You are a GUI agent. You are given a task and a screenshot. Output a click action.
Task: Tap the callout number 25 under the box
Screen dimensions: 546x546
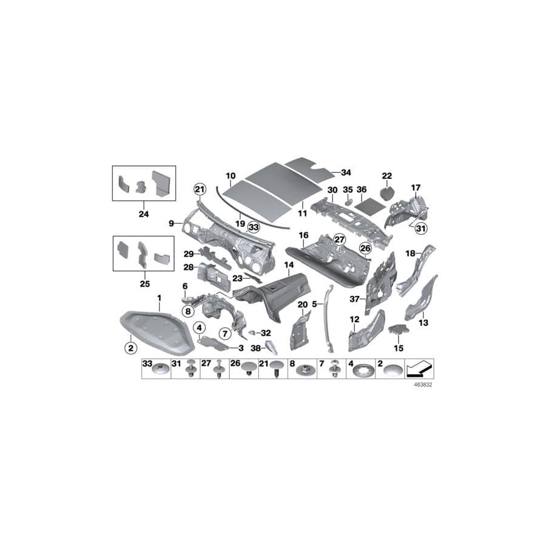pos(143,283)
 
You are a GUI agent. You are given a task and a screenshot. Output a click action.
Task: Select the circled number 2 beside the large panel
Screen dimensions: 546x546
pos(129,348)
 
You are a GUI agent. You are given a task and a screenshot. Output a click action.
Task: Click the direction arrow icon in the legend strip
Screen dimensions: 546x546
pos(420,368)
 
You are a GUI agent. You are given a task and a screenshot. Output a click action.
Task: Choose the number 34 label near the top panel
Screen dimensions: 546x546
pos(346,172)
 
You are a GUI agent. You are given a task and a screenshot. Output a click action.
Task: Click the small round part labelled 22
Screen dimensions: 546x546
pos(386,194)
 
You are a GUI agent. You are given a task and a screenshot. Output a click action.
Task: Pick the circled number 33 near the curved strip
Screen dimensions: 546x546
pos(253,227)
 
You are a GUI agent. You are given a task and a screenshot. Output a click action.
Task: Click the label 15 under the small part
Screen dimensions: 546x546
pos(398,348)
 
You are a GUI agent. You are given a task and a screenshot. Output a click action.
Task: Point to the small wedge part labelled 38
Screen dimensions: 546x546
pos(271,346)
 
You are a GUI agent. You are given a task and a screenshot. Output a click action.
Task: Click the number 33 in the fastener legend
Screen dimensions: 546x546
pos(147,364)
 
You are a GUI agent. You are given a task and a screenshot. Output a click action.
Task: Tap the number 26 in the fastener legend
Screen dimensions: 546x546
pos(235,364)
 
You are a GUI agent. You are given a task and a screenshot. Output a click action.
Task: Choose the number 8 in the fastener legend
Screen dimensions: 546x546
pos(292,364)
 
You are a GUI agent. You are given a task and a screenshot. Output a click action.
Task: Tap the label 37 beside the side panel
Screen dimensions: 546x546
pos(355,298)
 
